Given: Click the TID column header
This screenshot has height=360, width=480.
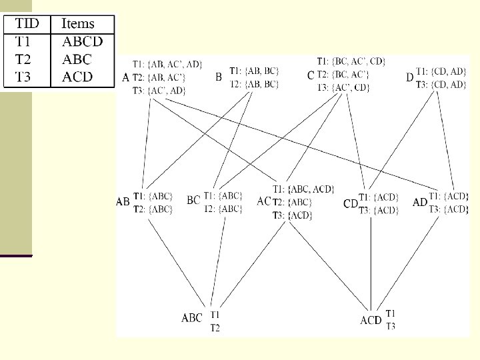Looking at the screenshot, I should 27,25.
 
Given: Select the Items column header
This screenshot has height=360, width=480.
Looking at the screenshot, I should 78,25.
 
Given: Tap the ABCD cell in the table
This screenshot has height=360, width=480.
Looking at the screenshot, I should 83,41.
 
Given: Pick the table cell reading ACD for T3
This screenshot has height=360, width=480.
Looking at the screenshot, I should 78,77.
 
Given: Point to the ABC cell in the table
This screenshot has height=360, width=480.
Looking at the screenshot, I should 77,59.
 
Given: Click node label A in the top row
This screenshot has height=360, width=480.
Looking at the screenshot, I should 126,77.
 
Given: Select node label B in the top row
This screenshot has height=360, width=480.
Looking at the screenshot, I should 219,77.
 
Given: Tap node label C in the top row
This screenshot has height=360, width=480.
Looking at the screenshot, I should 311,77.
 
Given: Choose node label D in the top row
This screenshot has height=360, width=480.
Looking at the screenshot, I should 410,77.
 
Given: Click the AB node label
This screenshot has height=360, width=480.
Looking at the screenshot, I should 123,201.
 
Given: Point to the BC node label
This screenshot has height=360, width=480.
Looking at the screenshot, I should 193,200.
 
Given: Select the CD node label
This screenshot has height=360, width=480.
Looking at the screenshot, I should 351,203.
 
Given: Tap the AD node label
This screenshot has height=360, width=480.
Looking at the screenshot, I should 420,202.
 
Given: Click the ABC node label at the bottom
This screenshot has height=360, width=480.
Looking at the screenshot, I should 192,319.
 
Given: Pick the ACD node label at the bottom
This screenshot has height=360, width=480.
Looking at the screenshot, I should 371,321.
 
